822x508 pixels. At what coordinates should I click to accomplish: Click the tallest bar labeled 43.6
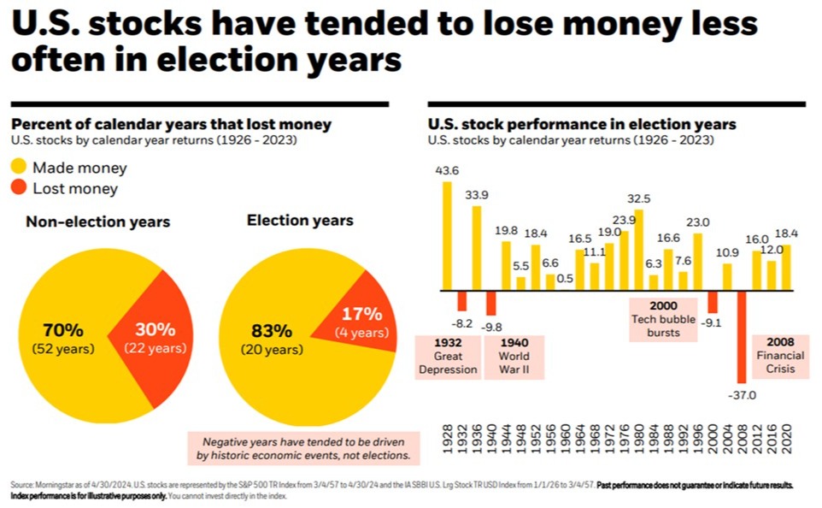pos(447,235)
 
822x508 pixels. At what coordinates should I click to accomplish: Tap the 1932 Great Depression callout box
pos(448,356)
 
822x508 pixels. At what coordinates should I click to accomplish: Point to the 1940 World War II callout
pos(514,356)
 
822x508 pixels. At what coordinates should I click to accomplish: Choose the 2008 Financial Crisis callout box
pos(775,356)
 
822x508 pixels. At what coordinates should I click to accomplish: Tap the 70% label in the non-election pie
pos(62,329)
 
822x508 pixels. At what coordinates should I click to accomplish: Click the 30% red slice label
pos(155,329)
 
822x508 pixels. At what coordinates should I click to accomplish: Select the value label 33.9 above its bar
pos(477,193)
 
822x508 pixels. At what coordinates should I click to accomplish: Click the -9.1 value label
pos(712,323)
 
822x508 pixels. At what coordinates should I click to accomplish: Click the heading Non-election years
pos(97,222)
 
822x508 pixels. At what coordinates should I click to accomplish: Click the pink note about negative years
pos(305,449)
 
